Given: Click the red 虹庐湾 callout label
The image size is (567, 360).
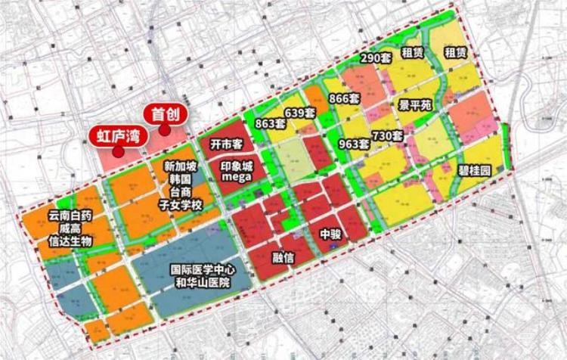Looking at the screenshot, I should click(117, 137).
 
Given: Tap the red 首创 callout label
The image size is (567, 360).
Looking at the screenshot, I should click(166, 114).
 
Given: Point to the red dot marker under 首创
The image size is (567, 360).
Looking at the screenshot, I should click(165, 130).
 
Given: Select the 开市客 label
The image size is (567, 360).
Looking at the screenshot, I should click(225, 144).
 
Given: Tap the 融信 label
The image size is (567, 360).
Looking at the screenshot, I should click(283, 258).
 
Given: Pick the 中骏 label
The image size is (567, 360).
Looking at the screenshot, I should click(330, 234).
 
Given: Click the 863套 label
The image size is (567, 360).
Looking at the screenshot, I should click(270, 123).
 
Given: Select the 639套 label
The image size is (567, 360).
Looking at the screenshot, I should click(299, 113).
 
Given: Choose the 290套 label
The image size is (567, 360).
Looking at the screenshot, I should click(375, 57).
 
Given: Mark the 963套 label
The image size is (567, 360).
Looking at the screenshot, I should click(354, 142).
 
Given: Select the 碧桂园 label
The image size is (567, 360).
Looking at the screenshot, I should click(474, 171).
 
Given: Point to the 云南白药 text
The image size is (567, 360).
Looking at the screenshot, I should click(70, 216).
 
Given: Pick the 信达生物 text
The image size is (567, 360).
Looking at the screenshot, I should click(70, 241).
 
